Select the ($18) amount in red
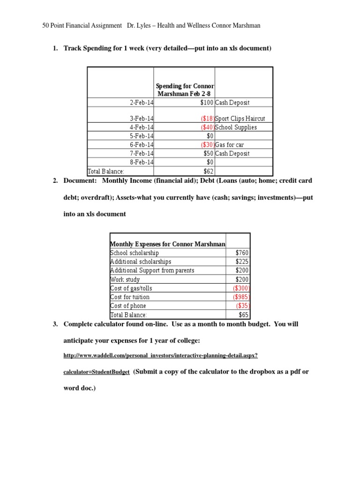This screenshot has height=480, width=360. [x=207, y=119]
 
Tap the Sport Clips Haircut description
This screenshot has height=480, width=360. [x=240, y=119]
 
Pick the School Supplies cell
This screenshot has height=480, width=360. [x=236, y=127]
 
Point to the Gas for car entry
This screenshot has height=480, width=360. [x=229, y=145]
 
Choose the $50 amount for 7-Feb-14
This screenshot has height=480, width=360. [x=208, y=154]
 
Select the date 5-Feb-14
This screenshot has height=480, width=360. [x=142, y=136]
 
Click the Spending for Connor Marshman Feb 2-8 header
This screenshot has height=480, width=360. [x=185, y=90]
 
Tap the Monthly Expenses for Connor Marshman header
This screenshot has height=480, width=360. [x=167, y=244]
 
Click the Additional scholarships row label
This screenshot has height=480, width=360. [x=141, y=262]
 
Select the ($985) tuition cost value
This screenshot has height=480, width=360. [x=241, y=297]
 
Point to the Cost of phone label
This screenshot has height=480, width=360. [x=128, y=306]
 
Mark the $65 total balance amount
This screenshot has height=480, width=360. [x=243, y=315]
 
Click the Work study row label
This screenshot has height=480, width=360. [x=125, y=280]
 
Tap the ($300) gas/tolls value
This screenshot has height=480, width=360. [x=241, y=288]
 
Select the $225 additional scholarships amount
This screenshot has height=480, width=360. [x=242, y=262]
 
